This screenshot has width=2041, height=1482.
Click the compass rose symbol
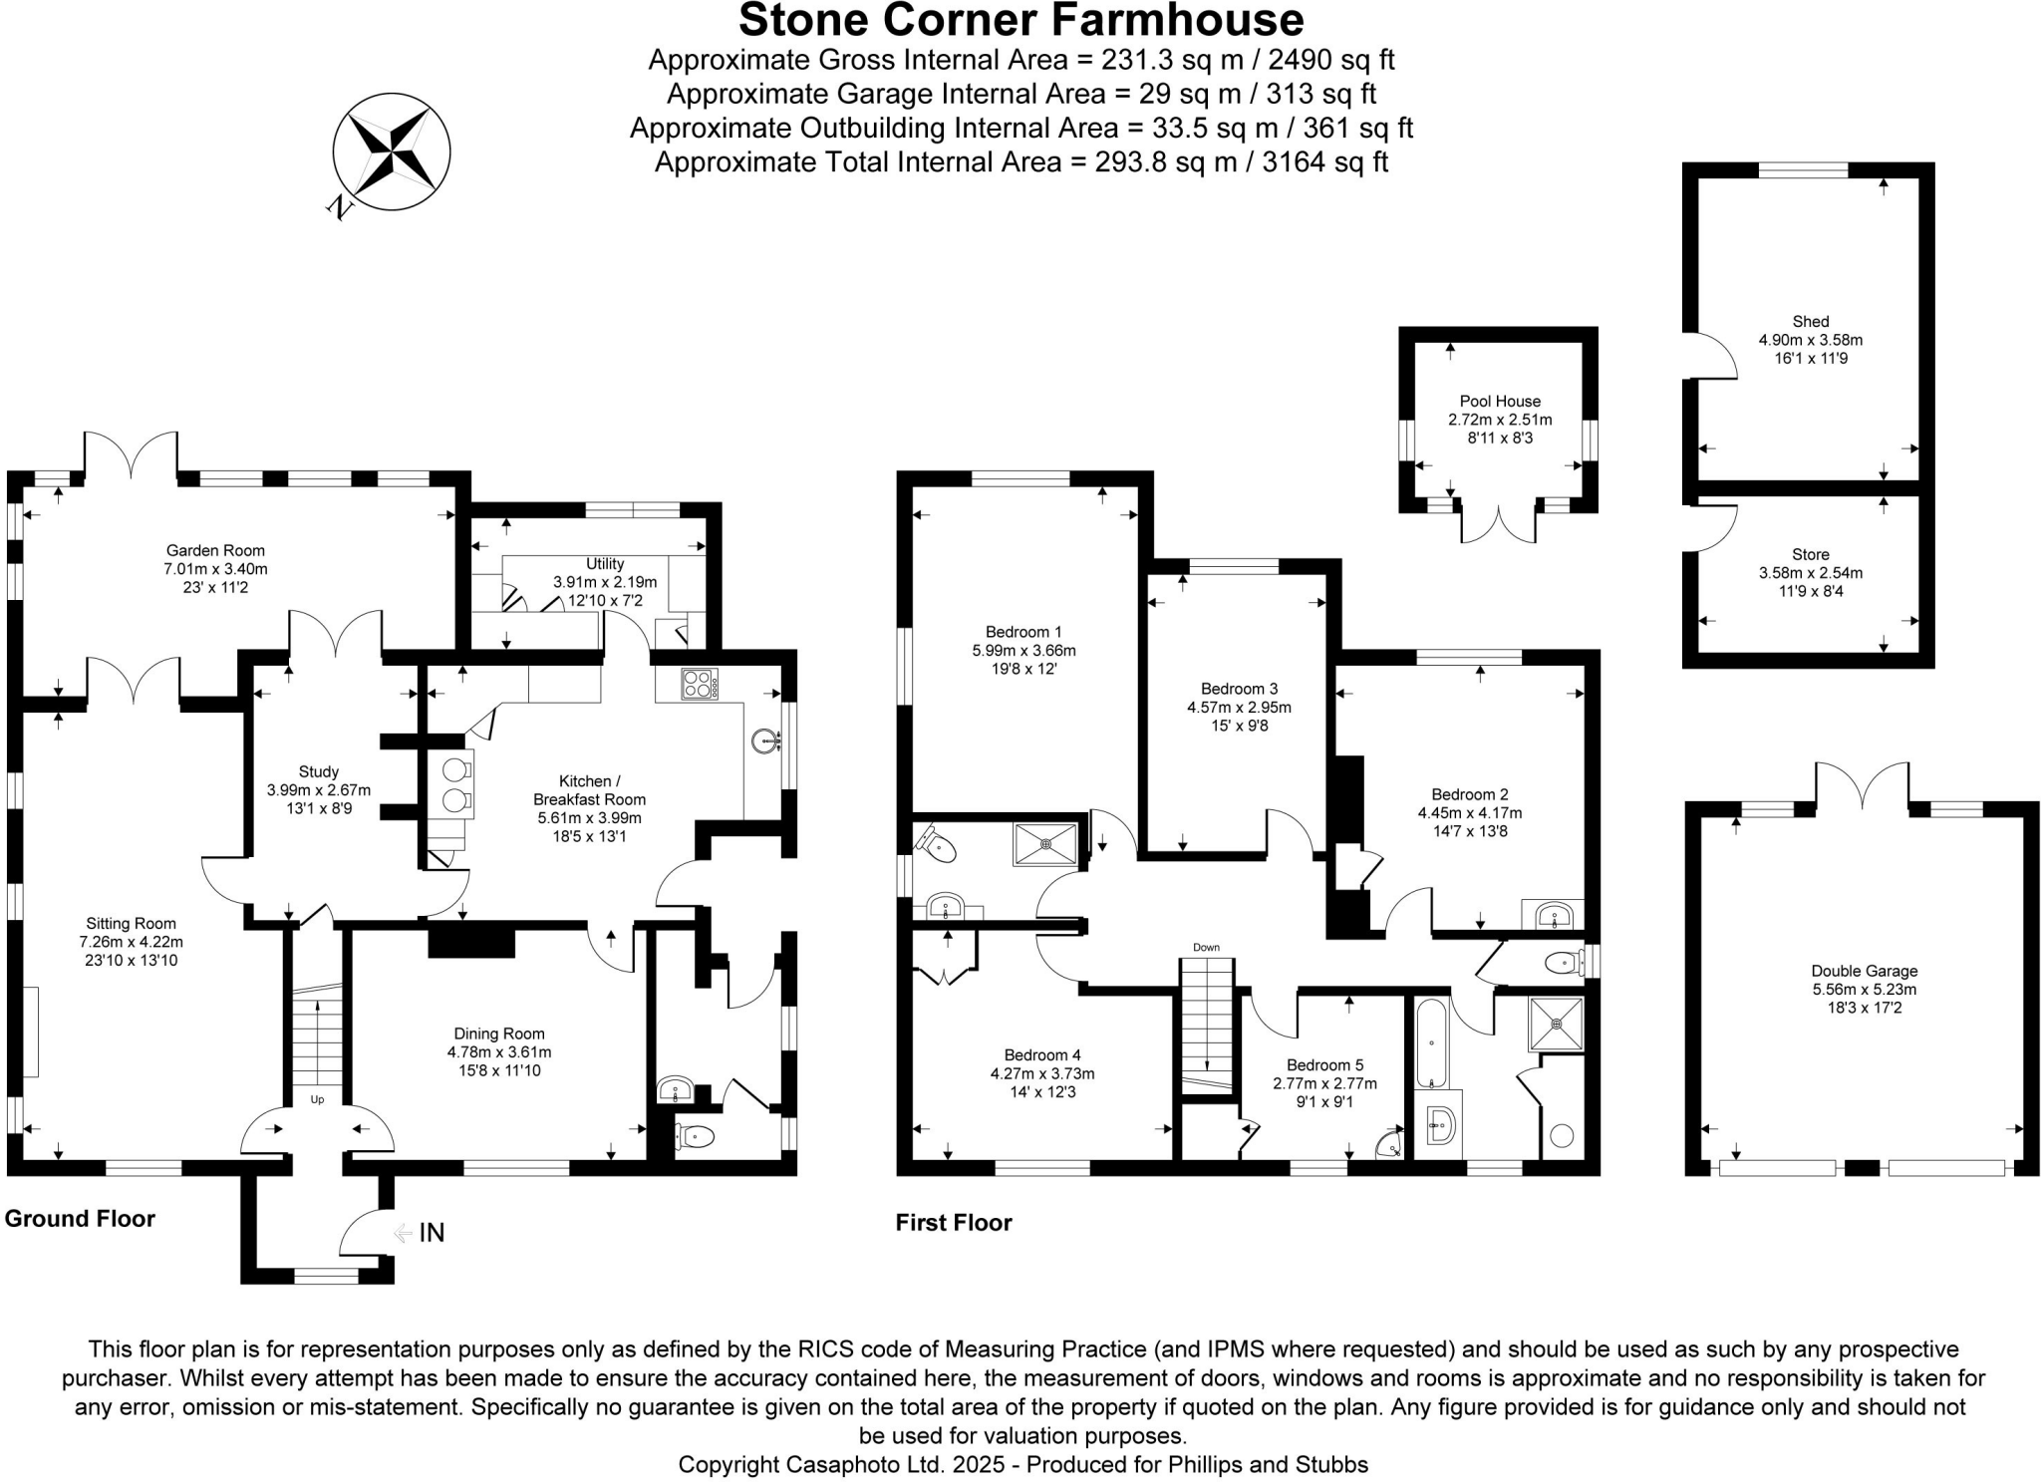click(x=391, y=151)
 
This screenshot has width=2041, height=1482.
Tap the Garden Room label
click(x=215, y=550)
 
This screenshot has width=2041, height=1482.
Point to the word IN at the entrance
click(x=431, y=1233)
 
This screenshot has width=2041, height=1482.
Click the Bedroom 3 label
click(x=1239, y=689)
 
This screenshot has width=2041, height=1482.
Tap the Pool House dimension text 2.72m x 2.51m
click(x=1500, y=420)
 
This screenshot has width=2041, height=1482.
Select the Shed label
click(x=1810, y=321)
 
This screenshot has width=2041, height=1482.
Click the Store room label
click(x=1810, y=554)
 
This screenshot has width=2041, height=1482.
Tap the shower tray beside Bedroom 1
click(x=1045, y=844)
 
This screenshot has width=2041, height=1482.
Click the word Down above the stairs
click(x=1206, y=948)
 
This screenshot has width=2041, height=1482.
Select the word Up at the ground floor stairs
click(x=317, y=1099)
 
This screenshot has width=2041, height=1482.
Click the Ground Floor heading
click(x=80, y=1218)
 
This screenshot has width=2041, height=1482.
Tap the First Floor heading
click(x=953, y=1222)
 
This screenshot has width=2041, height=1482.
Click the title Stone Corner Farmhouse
click(x=1020, y=20)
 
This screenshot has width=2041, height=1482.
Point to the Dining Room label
click(x=499, y=1034)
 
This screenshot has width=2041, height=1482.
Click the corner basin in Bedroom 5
click(x=1389, y=1146)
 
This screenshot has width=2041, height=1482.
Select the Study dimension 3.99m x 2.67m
click(x=318, y=790)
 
